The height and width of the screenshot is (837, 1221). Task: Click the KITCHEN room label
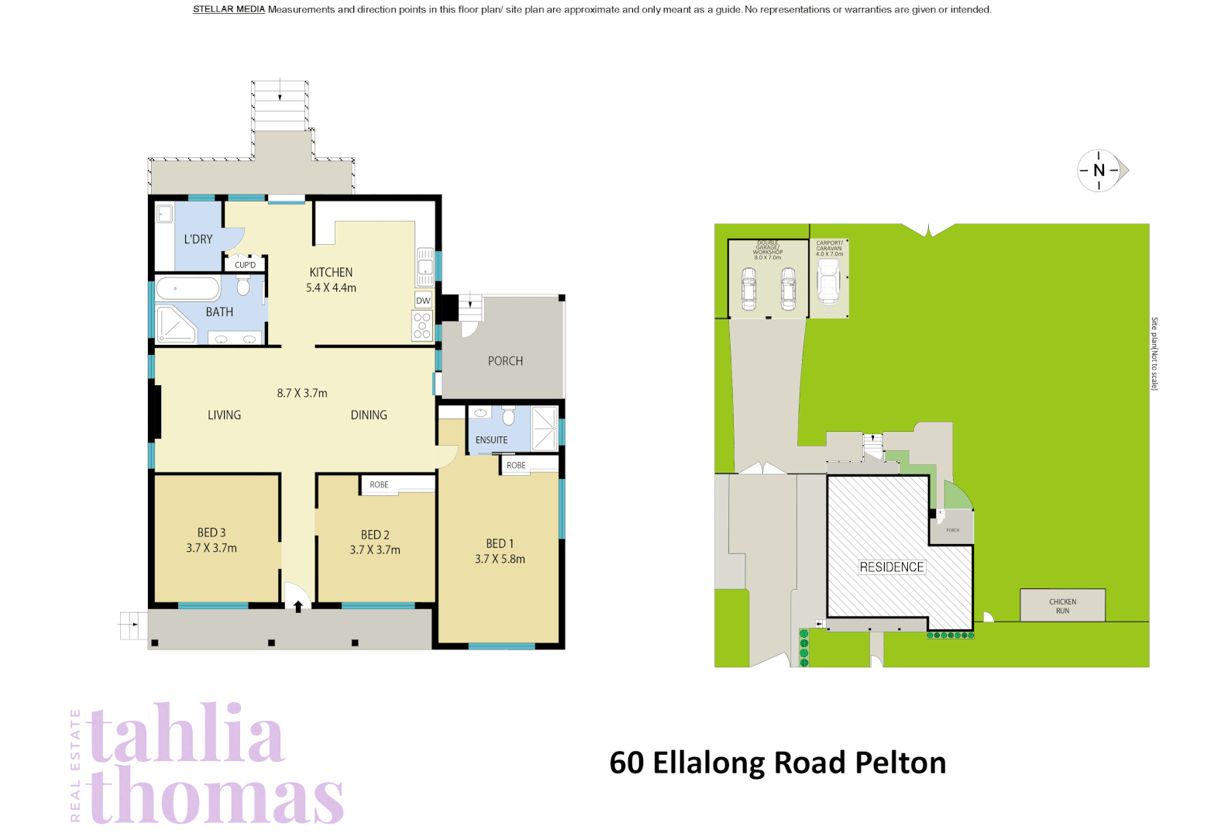click(331, 272)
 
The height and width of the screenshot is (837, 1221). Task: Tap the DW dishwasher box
click(423, 301)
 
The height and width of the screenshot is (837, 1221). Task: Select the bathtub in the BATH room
click(187, 289)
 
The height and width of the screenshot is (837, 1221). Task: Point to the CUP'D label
click(245, 265)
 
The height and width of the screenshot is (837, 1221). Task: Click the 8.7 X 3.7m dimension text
click(302, 393)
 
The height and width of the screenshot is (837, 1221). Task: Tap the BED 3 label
click(212, 532)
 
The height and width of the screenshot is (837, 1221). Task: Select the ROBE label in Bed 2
click(379, 484)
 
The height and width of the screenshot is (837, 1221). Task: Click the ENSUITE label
click(491, 439)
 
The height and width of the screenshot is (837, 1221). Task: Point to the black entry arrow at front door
click(298, 607)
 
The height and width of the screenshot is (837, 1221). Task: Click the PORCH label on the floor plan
click(505, 361)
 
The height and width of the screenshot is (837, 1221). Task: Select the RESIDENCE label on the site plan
click(892, 567)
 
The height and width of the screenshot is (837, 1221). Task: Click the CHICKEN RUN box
click(1062, 605)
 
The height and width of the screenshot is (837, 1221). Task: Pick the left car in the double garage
click(748, 288)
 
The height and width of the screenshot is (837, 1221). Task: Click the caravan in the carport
click(828, 281)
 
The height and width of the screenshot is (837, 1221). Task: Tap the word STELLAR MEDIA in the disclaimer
click(229, 9)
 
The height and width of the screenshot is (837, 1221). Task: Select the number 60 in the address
click(626, 763)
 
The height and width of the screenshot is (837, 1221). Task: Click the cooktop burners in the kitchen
click(422, 325)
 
